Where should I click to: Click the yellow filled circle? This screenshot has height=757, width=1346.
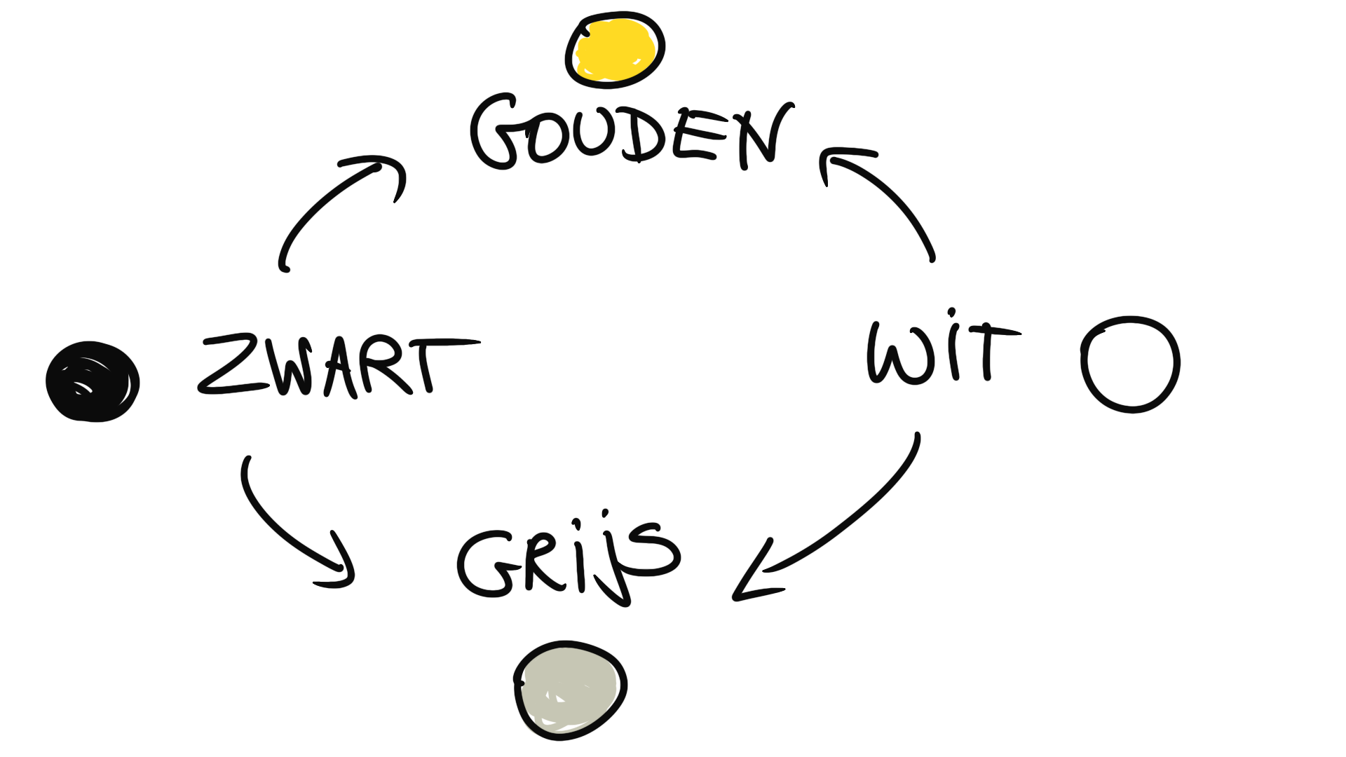tap(615, 49)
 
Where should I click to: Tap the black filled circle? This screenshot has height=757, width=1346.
tap(93, 382)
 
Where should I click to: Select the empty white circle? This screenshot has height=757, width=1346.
tap(1130, 364)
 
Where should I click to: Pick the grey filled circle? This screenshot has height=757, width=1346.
tap(569, 690)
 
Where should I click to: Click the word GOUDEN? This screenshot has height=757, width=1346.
tap(631, 133)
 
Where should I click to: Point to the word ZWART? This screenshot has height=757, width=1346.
tap(336, 366)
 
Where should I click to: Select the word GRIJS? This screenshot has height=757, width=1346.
tap(568, 561)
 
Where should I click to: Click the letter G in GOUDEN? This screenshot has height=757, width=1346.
tap(495, 133)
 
